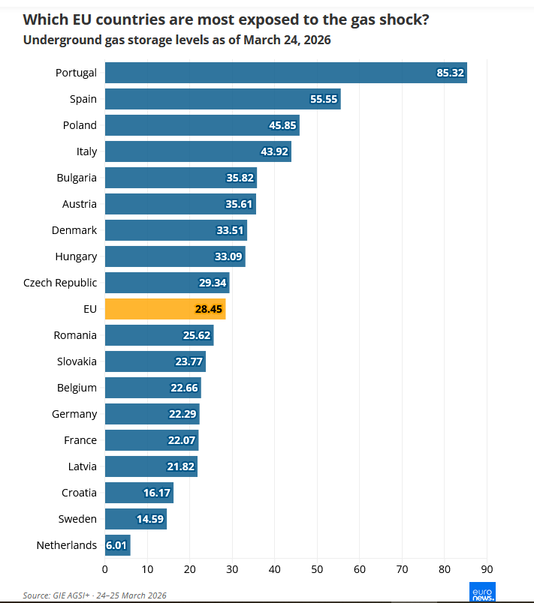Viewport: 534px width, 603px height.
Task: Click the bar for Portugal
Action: coord(285,73)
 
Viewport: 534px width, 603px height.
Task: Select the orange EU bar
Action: coord(165,309)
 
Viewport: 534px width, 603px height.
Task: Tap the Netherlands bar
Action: coord(117,545)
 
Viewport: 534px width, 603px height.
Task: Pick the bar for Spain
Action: coord(222,99)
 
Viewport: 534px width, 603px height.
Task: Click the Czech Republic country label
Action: coord(60,283)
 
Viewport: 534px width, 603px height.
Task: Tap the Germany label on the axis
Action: coord(74,414)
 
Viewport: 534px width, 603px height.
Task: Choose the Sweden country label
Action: coord(77,519)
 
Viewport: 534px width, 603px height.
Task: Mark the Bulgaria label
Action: coord(77,178)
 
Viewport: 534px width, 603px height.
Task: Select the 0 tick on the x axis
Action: coord(105,568)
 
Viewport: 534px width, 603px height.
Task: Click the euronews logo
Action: coord(481,591)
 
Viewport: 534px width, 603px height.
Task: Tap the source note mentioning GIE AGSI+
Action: coord(94,595)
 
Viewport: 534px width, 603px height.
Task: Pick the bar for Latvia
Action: coord(151,466)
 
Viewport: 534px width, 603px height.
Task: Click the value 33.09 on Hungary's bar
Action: coord(229,256)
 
